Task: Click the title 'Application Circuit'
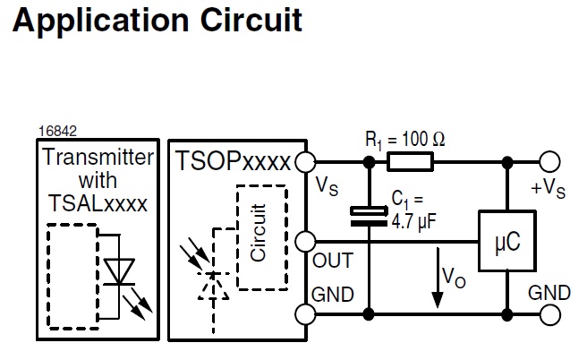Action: pos(157,20)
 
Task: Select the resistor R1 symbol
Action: pos(411,162)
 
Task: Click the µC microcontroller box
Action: pos(506,241)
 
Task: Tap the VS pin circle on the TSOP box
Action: pos(306,162)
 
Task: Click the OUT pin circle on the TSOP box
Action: pos(306,241)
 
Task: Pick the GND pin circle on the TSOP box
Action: pos(306,314)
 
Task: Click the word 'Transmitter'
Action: pos(98,158)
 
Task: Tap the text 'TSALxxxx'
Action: pos(98,201)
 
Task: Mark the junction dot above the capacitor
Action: pos(368,162)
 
